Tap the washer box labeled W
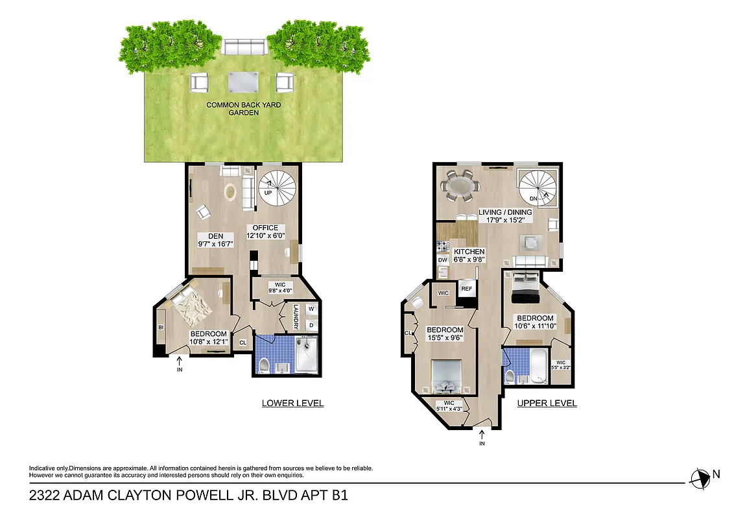pos(311,309)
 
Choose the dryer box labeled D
pos(311,324)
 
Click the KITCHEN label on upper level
pos(470,256)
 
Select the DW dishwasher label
pos(443,260)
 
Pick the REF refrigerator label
pos(466,289)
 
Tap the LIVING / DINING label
pos(505,216)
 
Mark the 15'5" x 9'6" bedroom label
pos(444,333)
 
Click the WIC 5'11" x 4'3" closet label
pos(448,405)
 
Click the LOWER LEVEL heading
pos(292,403)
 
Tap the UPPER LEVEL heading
pos(547,403)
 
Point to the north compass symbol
pos(700,478)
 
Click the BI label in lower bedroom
pos(160,328)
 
